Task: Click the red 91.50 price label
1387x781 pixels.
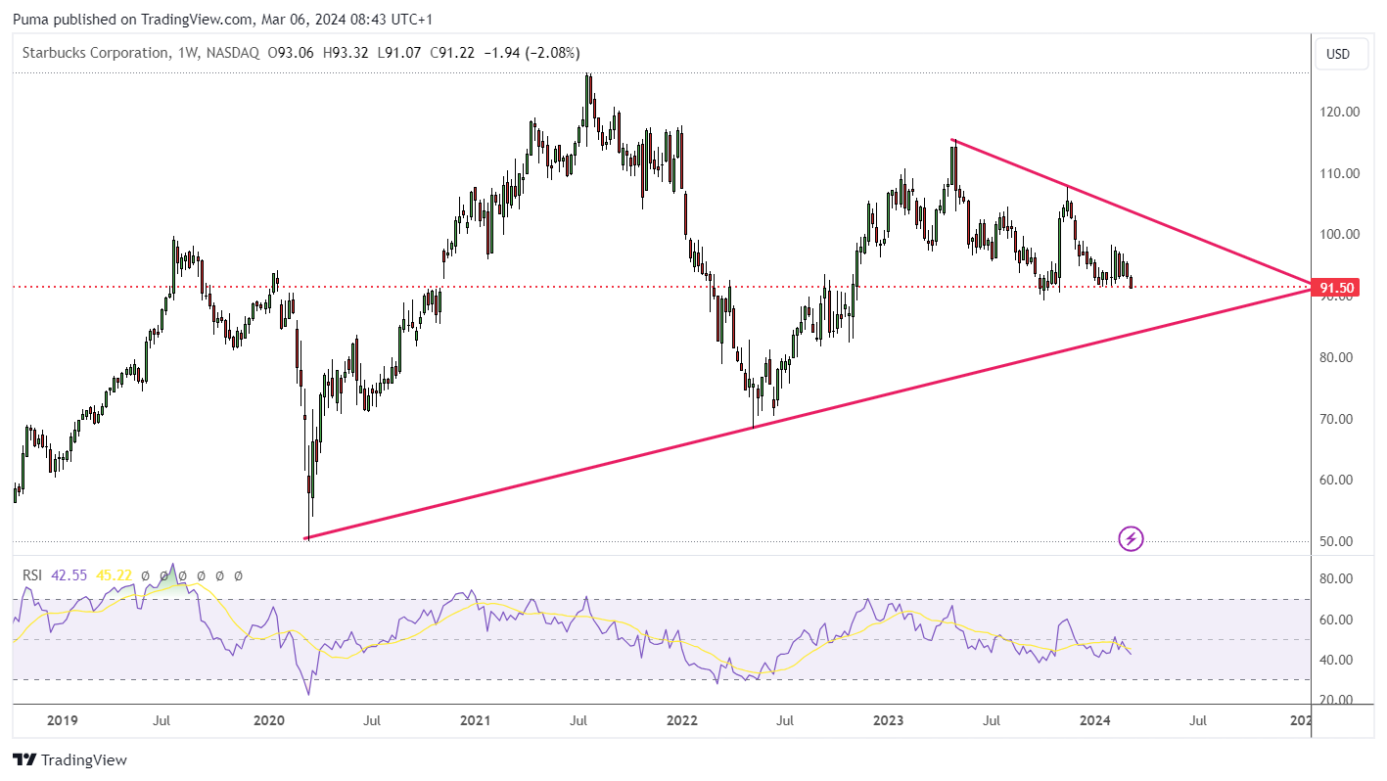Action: point(1337,288)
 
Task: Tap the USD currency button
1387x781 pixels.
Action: point(1338,54)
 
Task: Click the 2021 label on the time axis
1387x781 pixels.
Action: point(475,720)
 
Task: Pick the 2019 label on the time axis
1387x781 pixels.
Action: point(62,720)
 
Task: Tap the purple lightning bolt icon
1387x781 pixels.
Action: point(1131,539)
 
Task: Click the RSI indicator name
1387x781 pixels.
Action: point(32,575)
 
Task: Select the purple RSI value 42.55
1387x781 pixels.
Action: point(69,575)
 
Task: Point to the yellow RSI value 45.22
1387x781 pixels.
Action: point(114,575)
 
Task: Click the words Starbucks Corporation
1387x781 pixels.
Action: point(95,53)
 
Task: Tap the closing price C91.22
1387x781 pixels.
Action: point(452,53)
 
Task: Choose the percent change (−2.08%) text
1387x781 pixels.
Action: point(552,53)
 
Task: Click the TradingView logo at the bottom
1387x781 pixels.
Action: point(69,759)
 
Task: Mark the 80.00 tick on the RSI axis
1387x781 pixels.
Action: point(1335,578)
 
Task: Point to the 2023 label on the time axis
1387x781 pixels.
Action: point(888,720)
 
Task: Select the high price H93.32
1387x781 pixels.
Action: point(346,53)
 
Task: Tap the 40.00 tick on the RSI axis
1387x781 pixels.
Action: point(1335,660)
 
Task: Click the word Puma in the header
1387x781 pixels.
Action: point(31,20)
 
